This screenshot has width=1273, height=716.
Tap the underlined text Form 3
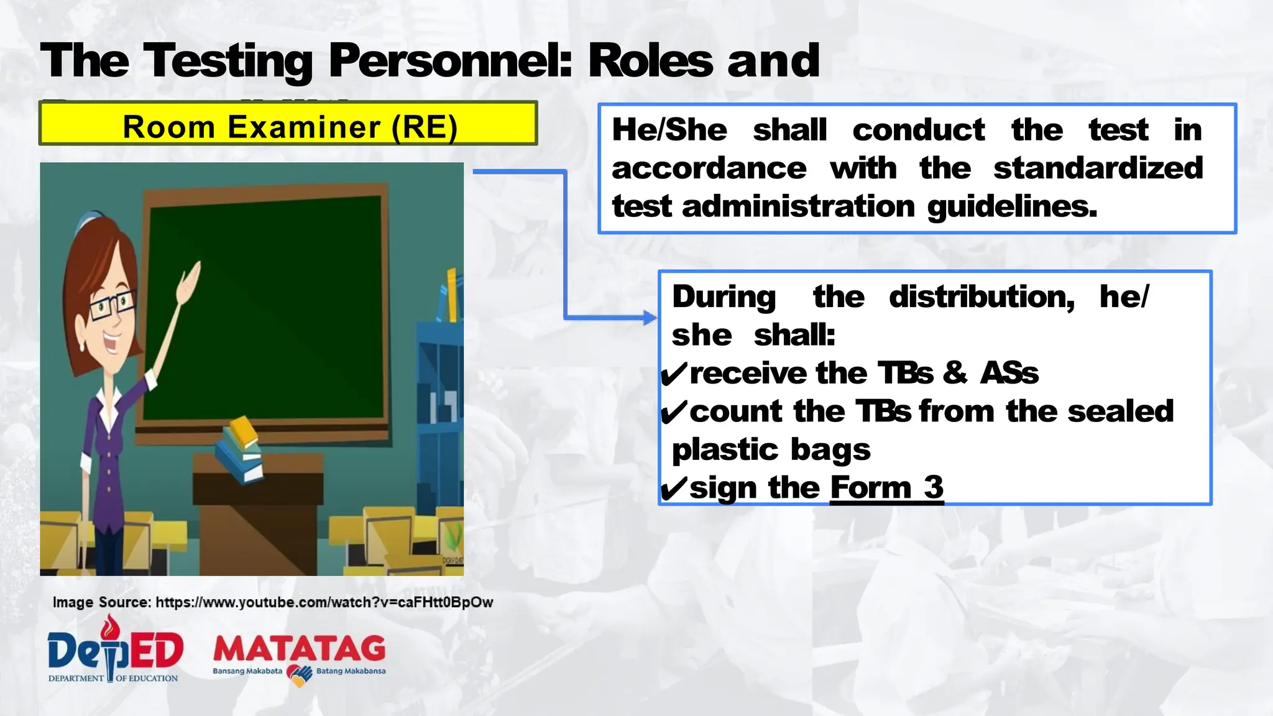point(886,487)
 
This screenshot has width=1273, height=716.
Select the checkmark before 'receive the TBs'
point(673,374)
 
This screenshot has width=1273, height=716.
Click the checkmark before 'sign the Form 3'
point(673,489)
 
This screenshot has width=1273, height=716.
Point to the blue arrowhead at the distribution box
point(650,318)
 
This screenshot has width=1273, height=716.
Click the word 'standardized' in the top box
point(1098,168)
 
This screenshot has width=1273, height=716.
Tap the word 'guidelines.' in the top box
point(1012,206)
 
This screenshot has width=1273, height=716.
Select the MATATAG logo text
point(299,649)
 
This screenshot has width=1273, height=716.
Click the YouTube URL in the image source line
point(324,602)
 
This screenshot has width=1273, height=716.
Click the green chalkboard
point(267,311)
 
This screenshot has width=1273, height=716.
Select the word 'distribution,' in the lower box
point(981,296)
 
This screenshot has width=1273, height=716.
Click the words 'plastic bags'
point(771,449)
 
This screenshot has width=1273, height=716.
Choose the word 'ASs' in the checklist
point(1009,374)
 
